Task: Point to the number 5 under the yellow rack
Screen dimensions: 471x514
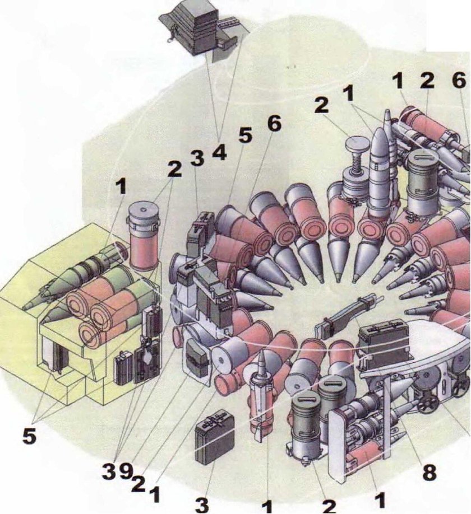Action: [29, 436]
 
